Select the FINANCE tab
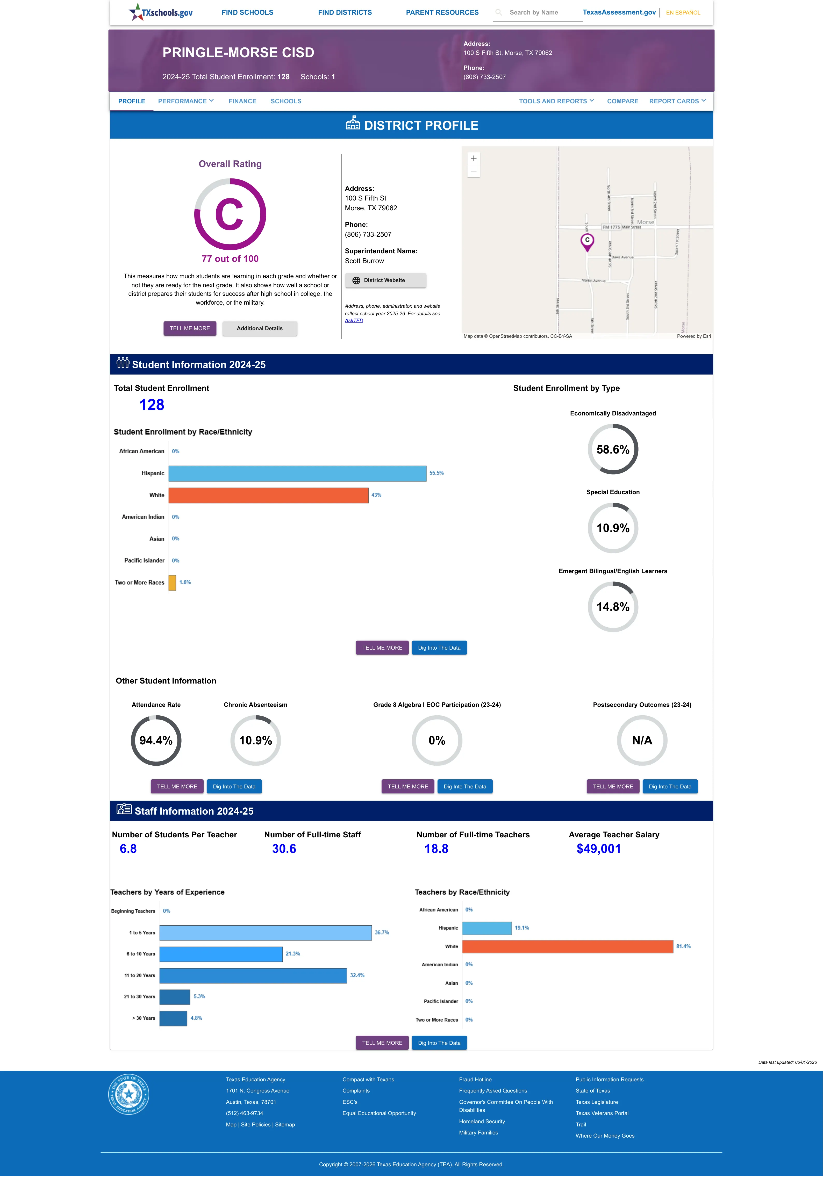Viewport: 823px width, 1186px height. (x=242, y=101)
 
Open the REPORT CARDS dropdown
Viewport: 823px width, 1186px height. (x=677, y=101)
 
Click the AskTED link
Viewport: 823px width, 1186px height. (x=354, y=321)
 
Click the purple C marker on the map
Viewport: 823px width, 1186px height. (x=587, y=242)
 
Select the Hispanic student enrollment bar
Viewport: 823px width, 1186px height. (x=298, y=473)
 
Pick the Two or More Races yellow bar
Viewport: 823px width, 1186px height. (x=172, y=583)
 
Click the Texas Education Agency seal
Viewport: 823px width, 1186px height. (x=128, y=1094)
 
